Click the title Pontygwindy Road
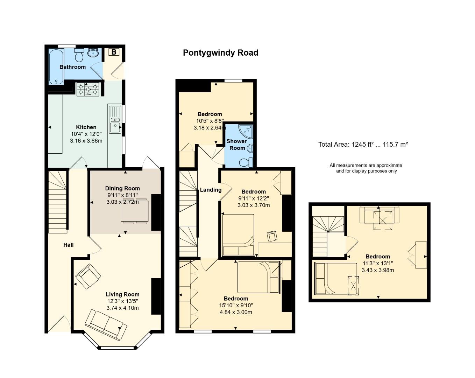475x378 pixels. pyautogui.click(x=220, y=53)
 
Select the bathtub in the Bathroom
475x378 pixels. pyautogui.click(x=56, y=66)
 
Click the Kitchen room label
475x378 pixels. pyautogui.click(x=86, y=127)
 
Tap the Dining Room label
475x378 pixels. pyautogui.click(x=122, y=188)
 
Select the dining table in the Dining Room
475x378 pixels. pyautogui.click(x=135, y=211)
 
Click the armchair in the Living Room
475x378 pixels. pyautogui.click(x=88, y=276)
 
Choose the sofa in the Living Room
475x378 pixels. pyautogui.click(x=106, y=324)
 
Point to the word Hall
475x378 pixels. pyautogui.click(x=69, y=245)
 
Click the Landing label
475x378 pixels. pyautogui.click(x=211, y=190)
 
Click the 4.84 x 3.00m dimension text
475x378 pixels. pyautogui.click(x=236, y=312)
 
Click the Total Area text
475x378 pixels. pyautogui.click(x=363, y=144)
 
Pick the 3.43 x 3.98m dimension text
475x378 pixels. pyautogui.click(x=378, y=270)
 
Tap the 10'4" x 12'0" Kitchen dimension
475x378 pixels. pyautogui.click(x=86, y=134)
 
